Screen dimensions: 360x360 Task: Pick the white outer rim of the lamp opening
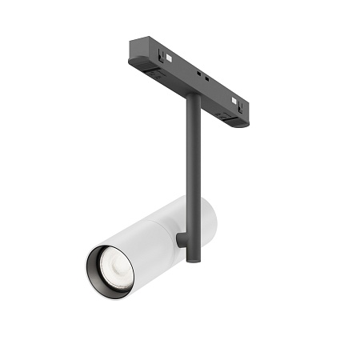click(x=87, y=264)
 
